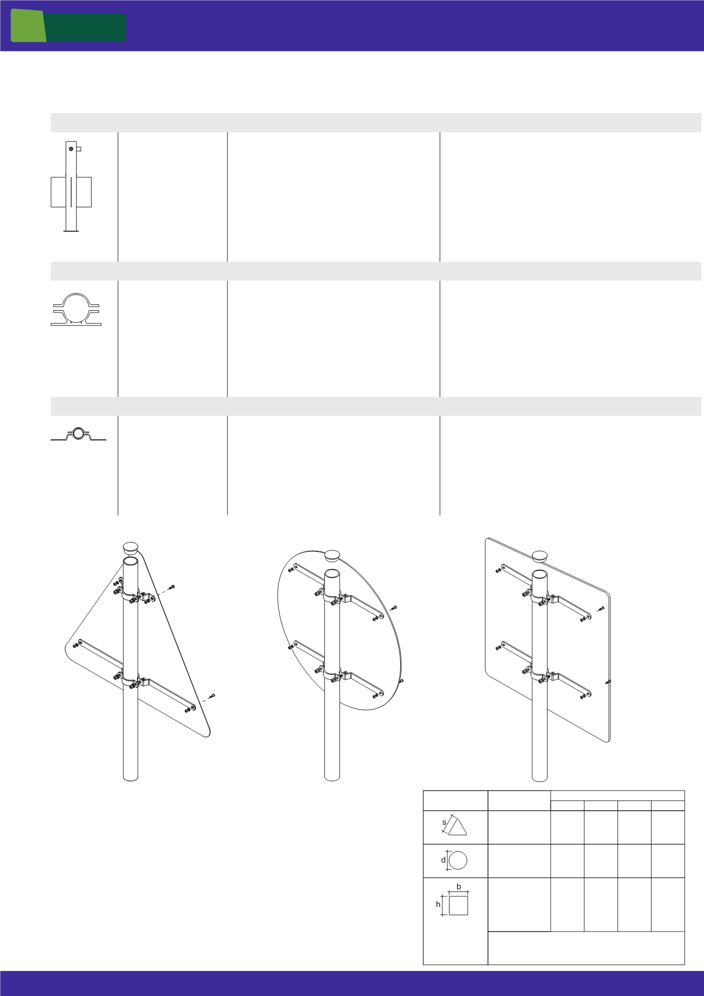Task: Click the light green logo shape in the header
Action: (x=28, y=25)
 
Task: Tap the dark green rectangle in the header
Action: (x=86, y=27)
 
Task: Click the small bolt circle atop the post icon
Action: (x=70, y=148)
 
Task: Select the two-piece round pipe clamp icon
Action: (x=76, y=309)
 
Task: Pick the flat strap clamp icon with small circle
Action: (x=79, y=434)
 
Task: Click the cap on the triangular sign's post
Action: (x=131, y=548)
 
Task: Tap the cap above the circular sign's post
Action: (x=332, y=556)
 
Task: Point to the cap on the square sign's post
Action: (x=540, y=557)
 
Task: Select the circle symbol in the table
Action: (x=458, y=860)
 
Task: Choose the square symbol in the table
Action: (x=458, y=906)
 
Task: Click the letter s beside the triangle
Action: (x=444, y=822)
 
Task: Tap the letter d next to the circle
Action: (x=443, y=860)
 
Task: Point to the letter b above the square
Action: (x=459, y=887)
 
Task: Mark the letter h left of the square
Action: (x=438, y=904)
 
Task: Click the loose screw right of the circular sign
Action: (x=395, y=608)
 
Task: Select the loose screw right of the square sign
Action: (x=601, y=609)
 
